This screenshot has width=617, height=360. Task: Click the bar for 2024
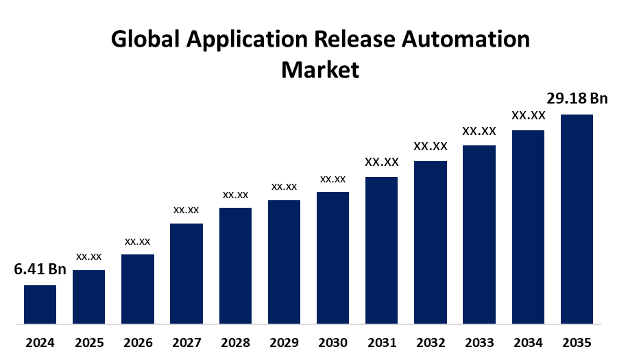[40, 304]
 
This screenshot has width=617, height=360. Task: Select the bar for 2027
[186, 273]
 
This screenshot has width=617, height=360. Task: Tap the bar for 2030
[332, 257]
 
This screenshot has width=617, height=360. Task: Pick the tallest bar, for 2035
[577, 218]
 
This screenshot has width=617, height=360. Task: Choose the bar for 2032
[430, 241]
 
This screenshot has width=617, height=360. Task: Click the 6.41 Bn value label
[40, 269]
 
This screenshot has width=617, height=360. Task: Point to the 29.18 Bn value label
[577, 98]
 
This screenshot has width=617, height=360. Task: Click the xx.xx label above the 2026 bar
[137, 241]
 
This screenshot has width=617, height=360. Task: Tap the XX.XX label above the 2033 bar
[479, 130]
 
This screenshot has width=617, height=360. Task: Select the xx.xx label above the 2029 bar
[284, 187]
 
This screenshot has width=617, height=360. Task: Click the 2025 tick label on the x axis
[88, 342]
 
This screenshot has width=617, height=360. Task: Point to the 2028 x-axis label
[235, 342]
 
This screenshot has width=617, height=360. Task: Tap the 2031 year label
[381, 342]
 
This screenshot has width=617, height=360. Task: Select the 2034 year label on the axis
[528, 342]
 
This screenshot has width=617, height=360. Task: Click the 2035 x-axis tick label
[577, 342]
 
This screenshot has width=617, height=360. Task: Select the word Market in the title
[320, 69]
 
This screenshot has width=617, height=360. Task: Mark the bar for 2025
[88, 296]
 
